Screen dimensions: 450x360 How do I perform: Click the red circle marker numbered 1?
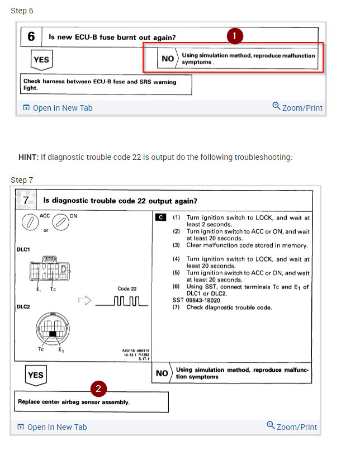click(x=235, y=36)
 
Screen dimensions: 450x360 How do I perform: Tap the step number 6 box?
click(x=31, y=37)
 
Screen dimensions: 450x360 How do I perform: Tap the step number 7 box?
click(x=26, y=200)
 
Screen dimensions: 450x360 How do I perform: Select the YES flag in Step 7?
click(x=35, y=375)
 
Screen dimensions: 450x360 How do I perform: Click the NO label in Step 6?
click(x=168, y=59)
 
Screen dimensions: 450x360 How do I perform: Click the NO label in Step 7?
click(x=162, y=373)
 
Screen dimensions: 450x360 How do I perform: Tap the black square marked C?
click(x=162, y=217)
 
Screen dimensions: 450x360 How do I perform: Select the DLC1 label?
click(x=23, y=250)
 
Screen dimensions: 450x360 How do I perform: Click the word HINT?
click(x=28, y=157)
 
